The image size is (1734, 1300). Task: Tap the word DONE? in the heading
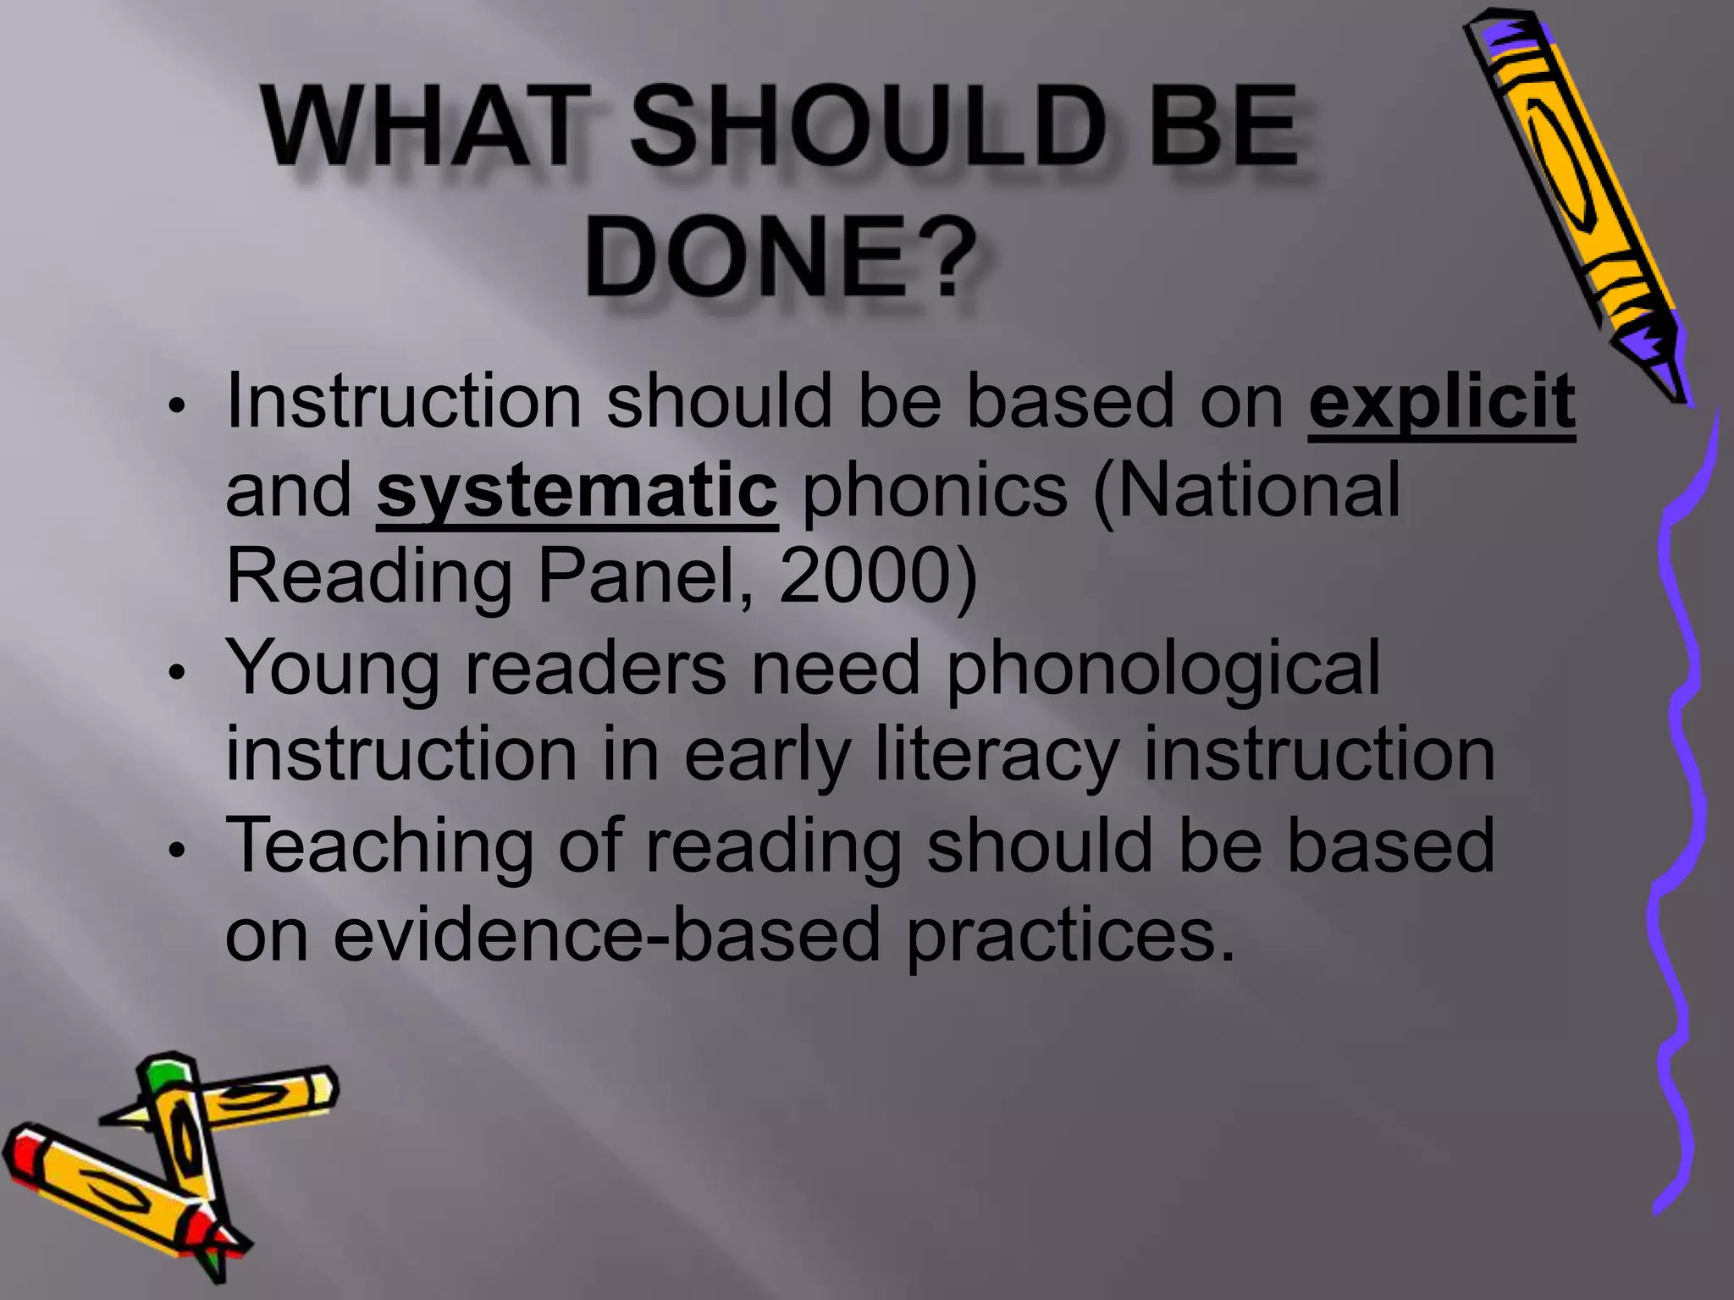pos(775,256)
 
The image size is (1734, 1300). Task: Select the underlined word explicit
pos(1441,402)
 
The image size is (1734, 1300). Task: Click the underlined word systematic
pos(577,491)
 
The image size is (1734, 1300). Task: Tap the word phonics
pos(934,491)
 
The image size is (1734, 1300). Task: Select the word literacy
pos(996,756)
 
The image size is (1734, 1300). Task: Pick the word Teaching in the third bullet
pos(380,846)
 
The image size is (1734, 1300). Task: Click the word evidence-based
pos(606,934)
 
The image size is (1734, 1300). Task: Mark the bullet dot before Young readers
pos(175,674)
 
